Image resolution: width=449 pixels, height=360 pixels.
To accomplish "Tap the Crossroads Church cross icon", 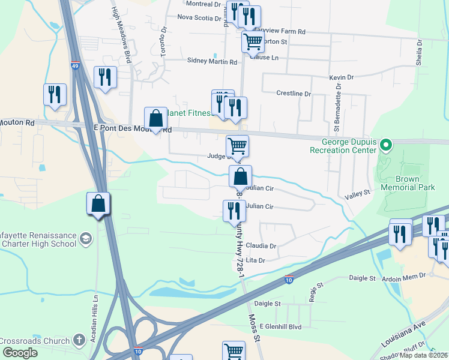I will pos(79,340).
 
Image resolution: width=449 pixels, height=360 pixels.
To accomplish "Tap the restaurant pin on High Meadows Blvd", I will pos(106,78).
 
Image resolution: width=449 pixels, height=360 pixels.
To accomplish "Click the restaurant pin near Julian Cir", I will pos(234,211).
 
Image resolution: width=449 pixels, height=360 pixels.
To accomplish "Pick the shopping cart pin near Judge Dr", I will pos(237,146).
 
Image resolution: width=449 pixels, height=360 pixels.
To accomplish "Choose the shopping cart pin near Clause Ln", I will pos(253,41).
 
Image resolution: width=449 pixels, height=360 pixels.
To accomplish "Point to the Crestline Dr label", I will pos(294,94).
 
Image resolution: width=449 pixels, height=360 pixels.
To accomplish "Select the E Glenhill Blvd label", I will pos(277,326).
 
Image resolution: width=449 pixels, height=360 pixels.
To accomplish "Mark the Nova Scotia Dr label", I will pos(199,17).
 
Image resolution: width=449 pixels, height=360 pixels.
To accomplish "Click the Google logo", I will pos(20,353).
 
